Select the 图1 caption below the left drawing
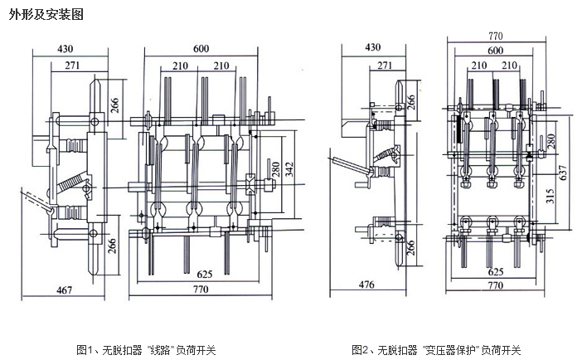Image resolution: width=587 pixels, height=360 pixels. (145, 350)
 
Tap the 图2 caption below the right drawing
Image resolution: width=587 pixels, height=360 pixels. (436, 350)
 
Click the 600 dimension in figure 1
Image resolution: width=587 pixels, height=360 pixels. (201, 49)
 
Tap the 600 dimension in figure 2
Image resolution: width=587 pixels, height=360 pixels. (495, 51)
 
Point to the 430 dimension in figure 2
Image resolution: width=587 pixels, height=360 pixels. (373, 47)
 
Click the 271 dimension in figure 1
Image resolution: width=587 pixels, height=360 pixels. (72, 65)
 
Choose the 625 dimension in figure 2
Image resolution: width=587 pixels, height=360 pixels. (495, 271)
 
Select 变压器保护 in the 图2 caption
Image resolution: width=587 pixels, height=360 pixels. (453, 350)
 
